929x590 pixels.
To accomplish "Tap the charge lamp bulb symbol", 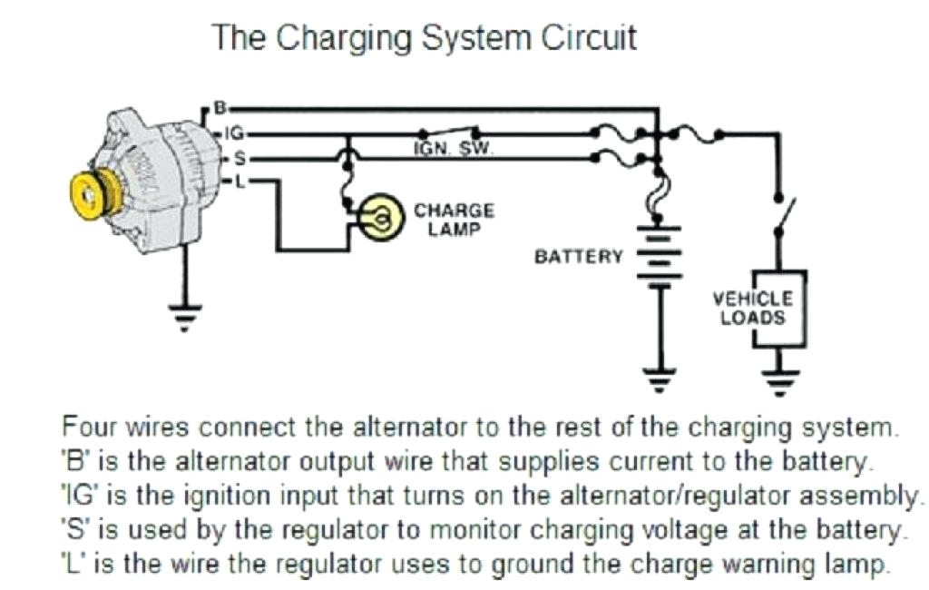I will [x=381, y=219].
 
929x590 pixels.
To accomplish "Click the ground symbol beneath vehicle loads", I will [x=778, y=379].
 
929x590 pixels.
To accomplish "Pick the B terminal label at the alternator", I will [x=219, y=108].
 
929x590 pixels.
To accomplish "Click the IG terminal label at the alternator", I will [x=233, y=133].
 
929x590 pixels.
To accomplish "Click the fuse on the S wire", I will [x=620, y=161].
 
